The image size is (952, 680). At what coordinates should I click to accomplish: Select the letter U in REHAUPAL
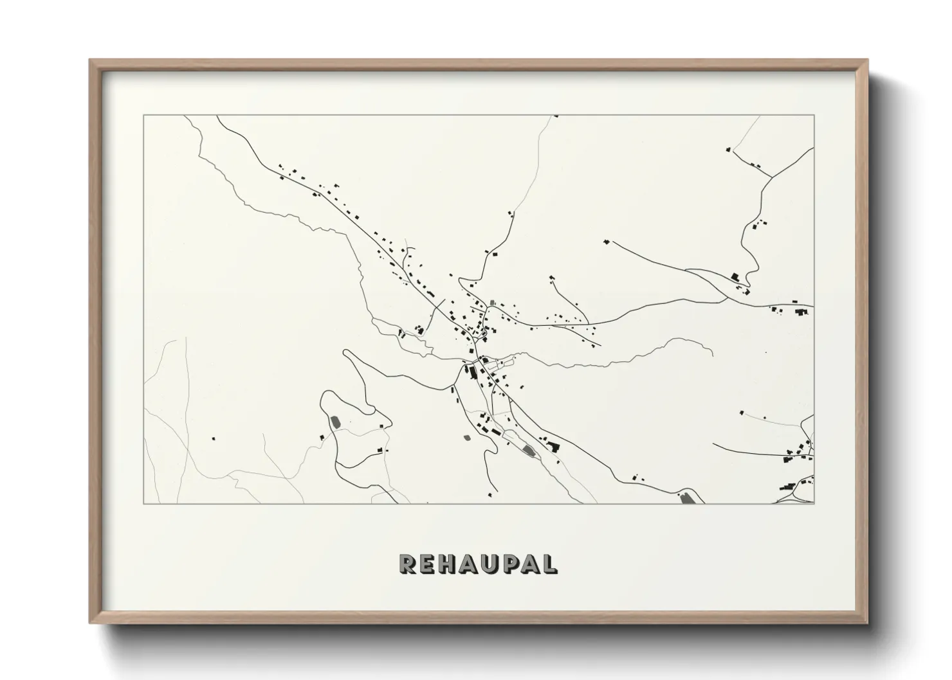(498, 564)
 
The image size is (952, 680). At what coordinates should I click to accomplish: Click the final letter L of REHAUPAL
(551, 564)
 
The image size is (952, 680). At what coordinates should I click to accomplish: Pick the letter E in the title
(430, 564)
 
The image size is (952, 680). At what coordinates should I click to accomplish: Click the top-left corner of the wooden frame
(91, 60)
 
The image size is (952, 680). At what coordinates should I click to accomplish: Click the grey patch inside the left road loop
(334, 423)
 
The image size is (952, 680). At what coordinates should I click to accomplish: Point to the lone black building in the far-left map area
(214, 439)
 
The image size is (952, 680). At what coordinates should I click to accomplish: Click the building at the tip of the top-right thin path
(728, 149)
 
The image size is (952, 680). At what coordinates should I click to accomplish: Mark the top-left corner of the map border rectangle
(143, 116)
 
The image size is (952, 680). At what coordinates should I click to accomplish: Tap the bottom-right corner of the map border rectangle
(814, 503)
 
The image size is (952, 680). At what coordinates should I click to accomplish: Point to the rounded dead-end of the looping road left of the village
(346, 352)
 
